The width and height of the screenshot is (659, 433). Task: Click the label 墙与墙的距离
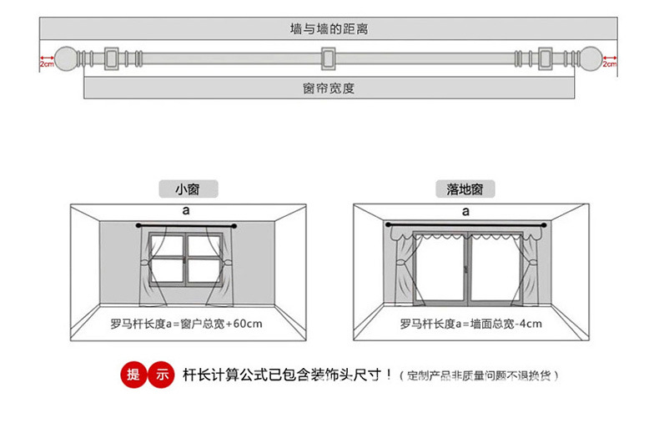[x=329, y=29]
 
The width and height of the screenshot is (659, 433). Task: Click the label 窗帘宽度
[x=329, y=88]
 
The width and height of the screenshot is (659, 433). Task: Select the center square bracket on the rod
[x=329, y=59]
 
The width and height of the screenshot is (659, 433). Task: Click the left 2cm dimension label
[x=47, y=63]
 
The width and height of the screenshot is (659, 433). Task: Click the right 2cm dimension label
[x=609, y=63]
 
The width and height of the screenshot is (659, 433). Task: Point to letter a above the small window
[x=186, y=212]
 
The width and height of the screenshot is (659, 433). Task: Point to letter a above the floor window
[x=465, y=212]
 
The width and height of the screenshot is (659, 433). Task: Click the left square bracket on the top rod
[x=113, y=59]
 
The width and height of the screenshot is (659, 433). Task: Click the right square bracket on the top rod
[x=546, y=59]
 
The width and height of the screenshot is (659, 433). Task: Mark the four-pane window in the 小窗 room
[x=186, y=259]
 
